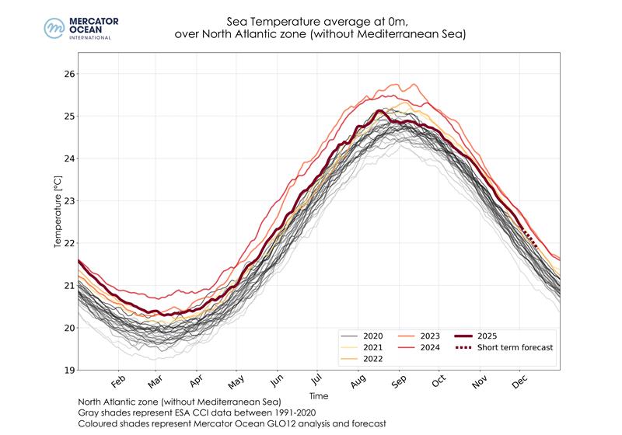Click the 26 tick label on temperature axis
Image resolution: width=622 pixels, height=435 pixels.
pyautogui.click(x=68, y=74)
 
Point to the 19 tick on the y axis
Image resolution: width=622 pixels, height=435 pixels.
pyautogui.click(x=68, y=370)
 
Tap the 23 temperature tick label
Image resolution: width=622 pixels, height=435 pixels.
pyautogui.click(x=68, y=200)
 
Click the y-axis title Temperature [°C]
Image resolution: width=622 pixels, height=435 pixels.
pyautogui.click(x=57, y=211)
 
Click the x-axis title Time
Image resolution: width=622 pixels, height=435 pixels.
pyautogui.click(x=318, y=396)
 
